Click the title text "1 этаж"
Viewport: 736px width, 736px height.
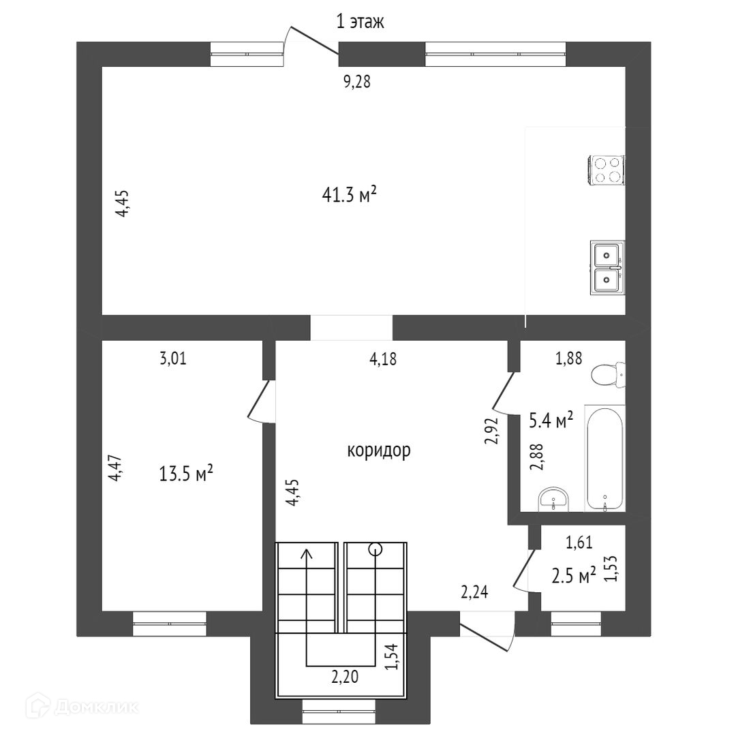(361, 22)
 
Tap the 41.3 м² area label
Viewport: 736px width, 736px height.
(350, 196)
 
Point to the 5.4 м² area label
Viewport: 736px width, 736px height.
(551, 420)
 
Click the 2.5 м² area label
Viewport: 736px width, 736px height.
(573, 576)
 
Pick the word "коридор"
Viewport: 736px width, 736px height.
(379, 450)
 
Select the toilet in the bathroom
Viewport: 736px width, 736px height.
(607, 374)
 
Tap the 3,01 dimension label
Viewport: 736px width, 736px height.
(172, 358)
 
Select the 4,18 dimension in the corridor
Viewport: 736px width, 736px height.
(383, 358)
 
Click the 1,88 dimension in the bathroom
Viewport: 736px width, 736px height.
(569, 358)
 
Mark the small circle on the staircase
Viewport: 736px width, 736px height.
(375, 548)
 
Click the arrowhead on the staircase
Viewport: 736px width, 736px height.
(307, 555)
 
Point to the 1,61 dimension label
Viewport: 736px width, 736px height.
(579, 542)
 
